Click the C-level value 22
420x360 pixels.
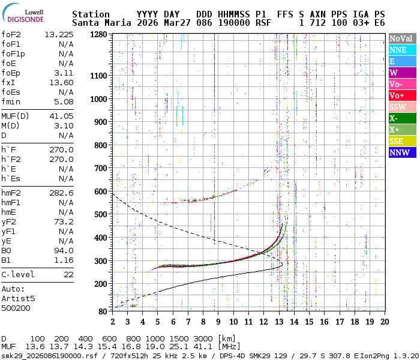click(x=68, y=274)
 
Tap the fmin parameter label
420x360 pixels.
click(x=11, y=101)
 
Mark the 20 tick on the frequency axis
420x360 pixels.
click(x=384, y=322)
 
